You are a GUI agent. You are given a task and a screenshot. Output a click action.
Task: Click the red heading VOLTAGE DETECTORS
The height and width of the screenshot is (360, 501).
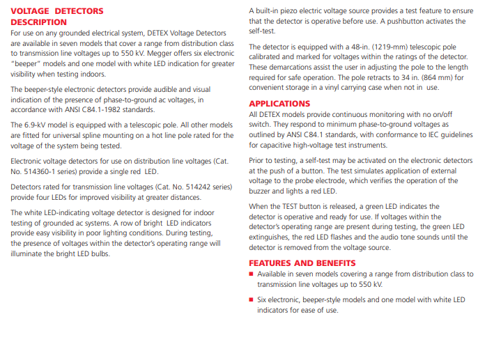pos(57,11)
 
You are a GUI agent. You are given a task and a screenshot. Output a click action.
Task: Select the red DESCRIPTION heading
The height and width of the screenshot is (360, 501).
pos(39,22)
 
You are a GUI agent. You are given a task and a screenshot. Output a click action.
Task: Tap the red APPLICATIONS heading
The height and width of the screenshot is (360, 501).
pos(279,104)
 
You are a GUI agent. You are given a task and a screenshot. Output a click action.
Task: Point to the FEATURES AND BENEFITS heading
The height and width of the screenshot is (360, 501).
pos(302,263)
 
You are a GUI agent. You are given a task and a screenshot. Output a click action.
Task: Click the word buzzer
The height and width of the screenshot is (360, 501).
pos(261,191)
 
